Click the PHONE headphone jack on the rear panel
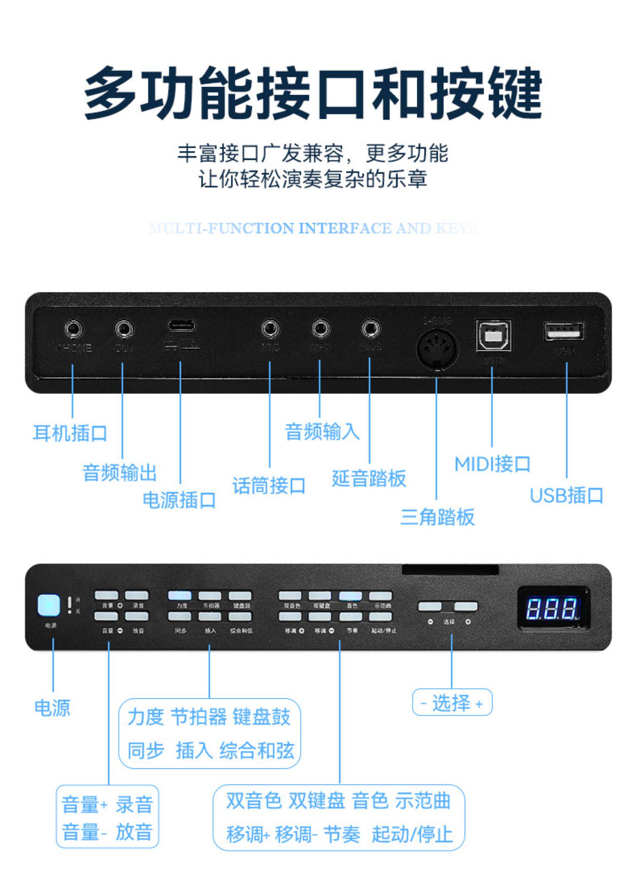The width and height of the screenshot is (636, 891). pos(74,329)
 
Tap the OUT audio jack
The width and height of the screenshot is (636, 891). pos(124,329)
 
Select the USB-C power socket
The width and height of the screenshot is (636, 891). pos(181,326)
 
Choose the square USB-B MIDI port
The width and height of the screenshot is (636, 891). pos(493,336)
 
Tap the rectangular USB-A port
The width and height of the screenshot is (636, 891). pos(564,331)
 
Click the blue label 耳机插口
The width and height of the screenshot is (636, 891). pos(70,433)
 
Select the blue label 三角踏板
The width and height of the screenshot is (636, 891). pos(437,517)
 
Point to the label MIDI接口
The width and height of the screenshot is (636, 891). pos(492,464)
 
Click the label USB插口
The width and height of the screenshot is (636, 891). pos(566,495)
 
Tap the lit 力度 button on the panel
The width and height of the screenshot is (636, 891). pos(180,596)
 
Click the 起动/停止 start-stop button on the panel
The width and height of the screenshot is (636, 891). pos(381,616)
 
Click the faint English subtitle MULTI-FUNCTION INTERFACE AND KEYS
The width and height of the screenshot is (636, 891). pos(314,229)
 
